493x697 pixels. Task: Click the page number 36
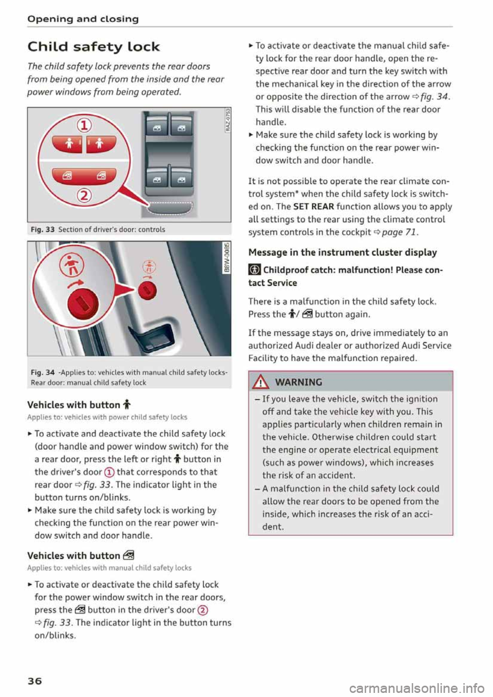(35, 681)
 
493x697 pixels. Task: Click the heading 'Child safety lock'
(93, 47)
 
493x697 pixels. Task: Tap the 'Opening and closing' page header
(83, 19)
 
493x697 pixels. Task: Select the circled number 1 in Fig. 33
(84, 125)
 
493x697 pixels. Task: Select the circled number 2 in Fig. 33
(84, 196)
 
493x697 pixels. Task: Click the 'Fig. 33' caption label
(43, 229)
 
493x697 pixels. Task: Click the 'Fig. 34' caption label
(43, 372)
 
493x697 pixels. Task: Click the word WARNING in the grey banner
(298, 382)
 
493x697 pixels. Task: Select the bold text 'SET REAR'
(313, 206)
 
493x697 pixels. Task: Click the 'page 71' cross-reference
(399, 232)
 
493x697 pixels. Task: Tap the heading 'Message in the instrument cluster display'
(343, 252)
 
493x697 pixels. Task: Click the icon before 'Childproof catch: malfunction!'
(254, 270)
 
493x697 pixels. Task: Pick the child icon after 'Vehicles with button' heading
(127, 405)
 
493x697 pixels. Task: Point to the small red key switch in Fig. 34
(147, 291)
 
